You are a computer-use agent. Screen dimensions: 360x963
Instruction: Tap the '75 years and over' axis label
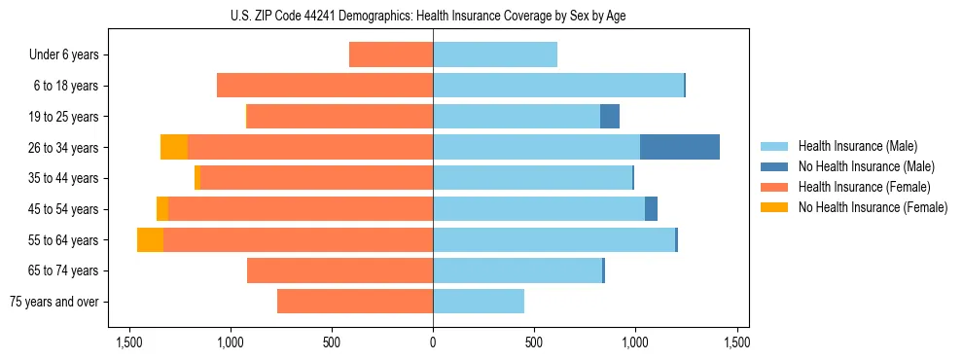tap(54, 302)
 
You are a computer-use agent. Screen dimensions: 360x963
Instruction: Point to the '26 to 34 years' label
tap(63, 148)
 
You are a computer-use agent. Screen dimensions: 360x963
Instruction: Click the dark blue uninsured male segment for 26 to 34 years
tap(679, 147)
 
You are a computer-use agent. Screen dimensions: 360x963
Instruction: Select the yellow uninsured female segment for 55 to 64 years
tap(150, 239)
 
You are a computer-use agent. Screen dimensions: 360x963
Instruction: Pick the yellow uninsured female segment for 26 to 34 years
tap(174, 147)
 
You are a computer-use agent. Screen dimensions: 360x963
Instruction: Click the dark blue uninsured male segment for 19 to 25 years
tap(610, 117)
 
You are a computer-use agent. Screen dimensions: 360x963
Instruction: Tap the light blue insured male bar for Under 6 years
tap(495, 55)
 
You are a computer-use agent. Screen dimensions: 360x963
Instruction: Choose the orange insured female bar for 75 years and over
tap(355, 302)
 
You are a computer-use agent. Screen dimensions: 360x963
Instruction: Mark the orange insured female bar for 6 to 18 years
tap(325, 86)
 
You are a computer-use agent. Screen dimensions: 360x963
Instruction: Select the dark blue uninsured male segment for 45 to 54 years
tap(651, 209)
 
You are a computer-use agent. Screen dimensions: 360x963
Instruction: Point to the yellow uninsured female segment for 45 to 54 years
tap(162, 209)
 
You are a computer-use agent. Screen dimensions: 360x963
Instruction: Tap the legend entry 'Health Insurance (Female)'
tap(864, 187)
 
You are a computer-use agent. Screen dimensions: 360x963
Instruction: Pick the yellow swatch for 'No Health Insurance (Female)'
tap(774, 207)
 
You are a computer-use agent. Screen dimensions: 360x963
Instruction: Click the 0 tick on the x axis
tap(433, 342)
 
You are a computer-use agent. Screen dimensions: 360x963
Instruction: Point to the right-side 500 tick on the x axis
tap(534, 342)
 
